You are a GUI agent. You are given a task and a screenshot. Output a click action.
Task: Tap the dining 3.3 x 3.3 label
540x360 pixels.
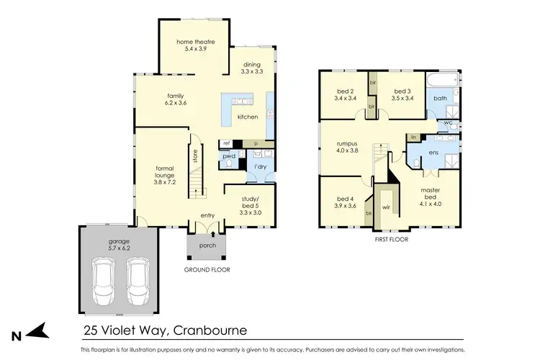tap(252, 69)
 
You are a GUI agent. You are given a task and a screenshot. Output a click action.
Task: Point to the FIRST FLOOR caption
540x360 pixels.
tap(390, 240)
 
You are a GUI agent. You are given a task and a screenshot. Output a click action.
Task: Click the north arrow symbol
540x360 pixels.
tap(39, 331)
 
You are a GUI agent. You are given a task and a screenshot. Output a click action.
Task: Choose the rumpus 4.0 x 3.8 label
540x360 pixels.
tap(348, 148)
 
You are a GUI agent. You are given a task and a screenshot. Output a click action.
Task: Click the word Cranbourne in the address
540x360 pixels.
tap(205, 331)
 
